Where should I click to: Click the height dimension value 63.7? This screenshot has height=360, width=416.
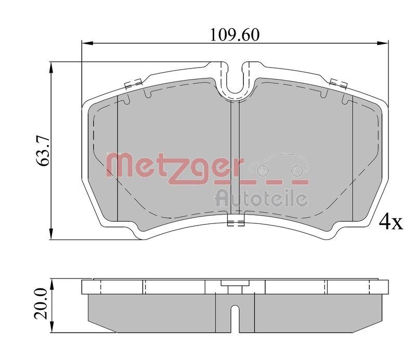(x=43, y=150)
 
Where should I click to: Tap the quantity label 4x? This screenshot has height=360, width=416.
(x=391, y=222)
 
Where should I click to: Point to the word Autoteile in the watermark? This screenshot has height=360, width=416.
(x=262, y=197)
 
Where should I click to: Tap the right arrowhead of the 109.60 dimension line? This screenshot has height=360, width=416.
(x=384, y=43)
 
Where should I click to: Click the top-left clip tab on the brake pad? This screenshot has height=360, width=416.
(x=133, y=83)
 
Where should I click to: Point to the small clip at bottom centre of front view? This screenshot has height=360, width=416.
(x=236, y=224)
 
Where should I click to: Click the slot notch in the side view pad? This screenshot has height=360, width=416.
(x=235, y=317)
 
